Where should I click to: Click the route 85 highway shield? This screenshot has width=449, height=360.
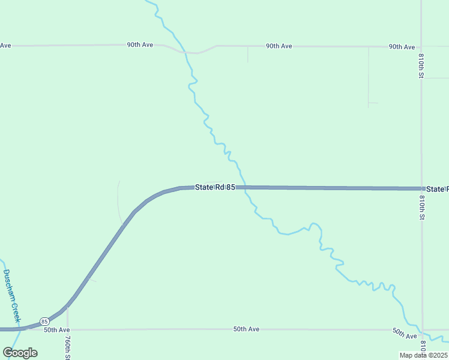pos(44,322)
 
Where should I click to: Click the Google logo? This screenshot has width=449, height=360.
pos(20,353)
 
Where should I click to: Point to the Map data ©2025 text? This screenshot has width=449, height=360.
pos(424,355)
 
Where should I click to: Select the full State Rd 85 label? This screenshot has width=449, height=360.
pos(214,187)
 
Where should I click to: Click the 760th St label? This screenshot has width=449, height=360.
pos(67,347)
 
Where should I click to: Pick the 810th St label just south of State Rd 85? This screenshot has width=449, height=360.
pos(422,207)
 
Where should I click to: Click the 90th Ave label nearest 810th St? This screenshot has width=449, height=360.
pos(402,46)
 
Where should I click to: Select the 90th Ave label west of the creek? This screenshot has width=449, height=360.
pos(139,45)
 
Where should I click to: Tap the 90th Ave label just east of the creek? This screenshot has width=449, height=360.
pos(279,46)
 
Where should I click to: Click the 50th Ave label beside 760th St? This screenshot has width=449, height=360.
pos(57,330)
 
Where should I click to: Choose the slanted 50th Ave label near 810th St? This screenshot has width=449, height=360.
pos(405,334)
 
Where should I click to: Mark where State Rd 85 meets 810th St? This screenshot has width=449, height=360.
pos(422,188)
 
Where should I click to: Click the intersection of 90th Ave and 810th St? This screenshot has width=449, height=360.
pos(422,46)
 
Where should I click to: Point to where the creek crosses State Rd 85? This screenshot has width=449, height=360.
pos(244,187)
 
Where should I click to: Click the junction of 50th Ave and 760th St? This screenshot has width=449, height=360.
pos(67,329)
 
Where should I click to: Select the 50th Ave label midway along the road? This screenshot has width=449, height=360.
pos(246,329)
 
